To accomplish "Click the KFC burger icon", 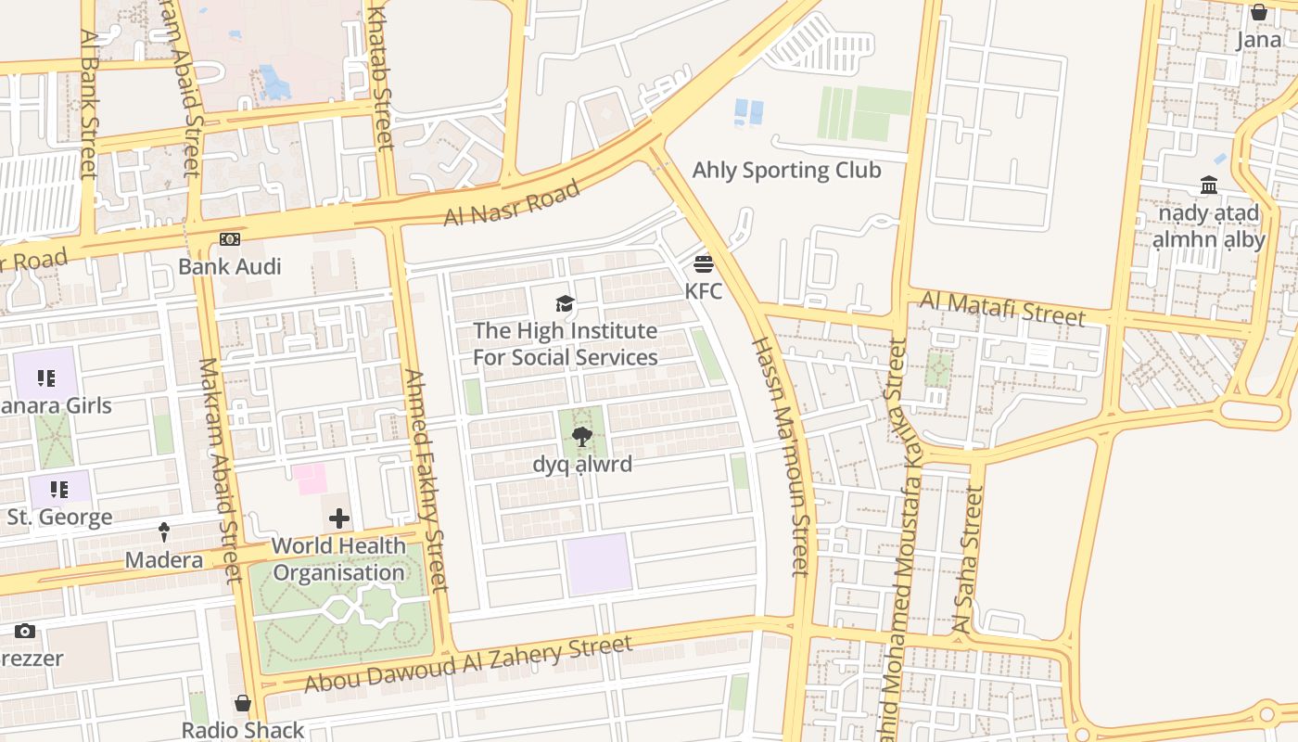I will coord(703,263).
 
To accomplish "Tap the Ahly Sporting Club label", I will coord(786,170).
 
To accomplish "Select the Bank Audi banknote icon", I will coord(229,239).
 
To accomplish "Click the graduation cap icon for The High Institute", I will coord(565,303).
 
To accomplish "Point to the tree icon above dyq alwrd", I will coord(582,436).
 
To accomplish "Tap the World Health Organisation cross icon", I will coord(339,518).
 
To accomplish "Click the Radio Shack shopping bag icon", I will coord(242,703).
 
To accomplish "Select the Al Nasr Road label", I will coord(512,202).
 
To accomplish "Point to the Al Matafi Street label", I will coord(1001,307).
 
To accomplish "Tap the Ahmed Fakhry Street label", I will coord(426,480).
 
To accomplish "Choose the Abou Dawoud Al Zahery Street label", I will coord(468,663).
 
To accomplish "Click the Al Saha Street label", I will coord(968,560).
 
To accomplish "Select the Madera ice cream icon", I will coord(164,532).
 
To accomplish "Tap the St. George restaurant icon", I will coord(59,489).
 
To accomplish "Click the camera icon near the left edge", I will coord(25,632).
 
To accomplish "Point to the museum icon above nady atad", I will coord(1209,185).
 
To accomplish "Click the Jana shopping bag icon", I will coord(1258,12).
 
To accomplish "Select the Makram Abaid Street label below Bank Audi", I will coord(220,470).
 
